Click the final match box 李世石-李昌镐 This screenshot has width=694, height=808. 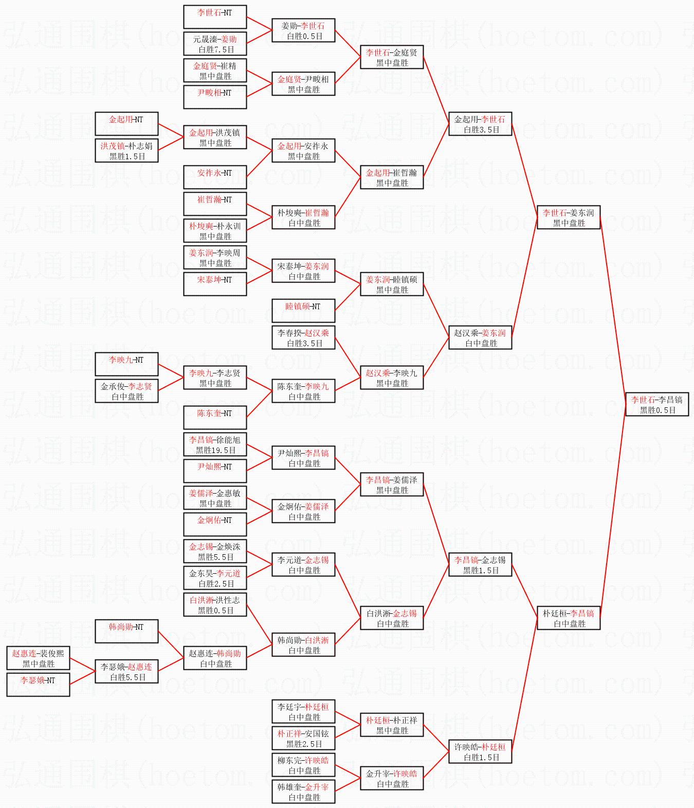(656, 404)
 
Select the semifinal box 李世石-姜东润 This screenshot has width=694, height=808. (568, 217)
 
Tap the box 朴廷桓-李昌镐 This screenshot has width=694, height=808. (568, 618)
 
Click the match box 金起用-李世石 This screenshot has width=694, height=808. (480, 124)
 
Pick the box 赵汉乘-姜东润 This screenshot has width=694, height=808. (480, 337)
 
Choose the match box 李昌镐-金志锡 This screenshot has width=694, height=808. (480, 565)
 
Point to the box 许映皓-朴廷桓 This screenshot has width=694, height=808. (480, 751)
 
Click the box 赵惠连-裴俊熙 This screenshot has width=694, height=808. (38, 658)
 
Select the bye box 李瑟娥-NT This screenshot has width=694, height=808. (38, 685)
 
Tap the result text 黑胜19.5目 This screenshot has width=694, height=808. (215, 450)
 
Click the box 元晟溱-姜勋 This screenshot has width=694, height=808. (215, 44)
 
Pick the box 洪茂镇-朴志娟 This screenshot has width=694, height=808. (126, 151)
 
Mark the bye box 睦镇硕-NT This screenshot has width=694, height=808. (303, 311)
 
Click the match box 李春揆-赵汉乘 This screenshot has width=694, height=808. (303, 337)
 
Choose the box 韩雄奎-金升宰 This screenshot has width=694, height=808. (303, 792)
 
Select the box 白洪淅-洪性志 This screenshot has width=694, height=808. (215, 605)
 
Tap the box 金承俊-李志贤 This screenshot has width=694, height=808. (126, 391)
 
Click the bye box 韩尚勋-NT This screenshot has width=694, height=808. (126, 631)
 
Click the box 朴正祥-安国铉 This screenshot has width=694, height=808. (303, 738)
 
